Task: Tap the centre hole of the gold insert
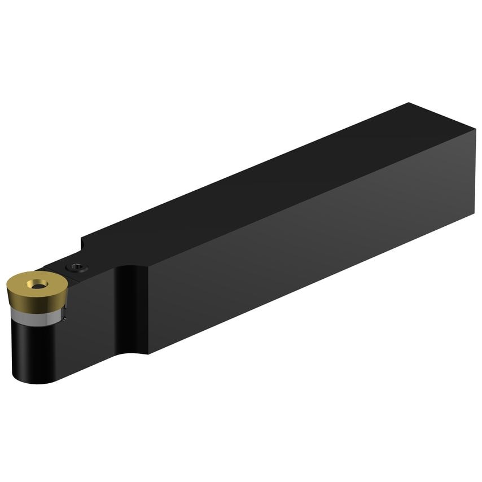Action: tap(37, 286)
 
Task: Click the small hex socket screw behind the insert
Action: tap(77, 268)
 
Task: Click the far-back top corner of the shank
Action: tap(408, 103)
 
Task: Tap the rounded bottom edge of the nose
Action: tap(34, 382)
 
